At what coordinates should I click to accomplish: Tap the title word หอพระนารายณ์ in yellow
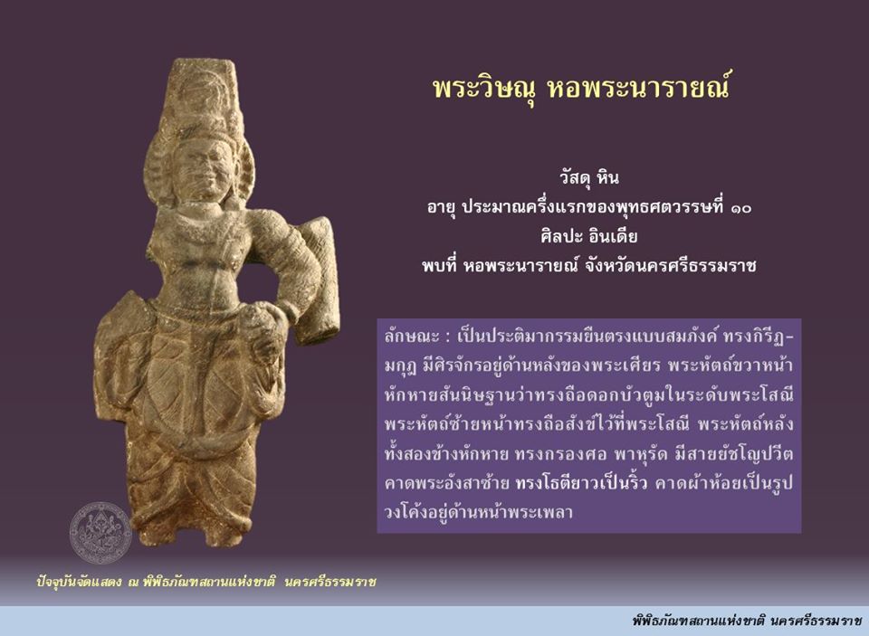(x=638, y=86)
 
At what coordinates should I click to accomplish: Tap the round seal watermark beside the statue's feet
(x=100, y=533)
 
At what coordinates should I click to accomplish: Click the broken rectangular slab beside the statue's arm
(x=317, y=280)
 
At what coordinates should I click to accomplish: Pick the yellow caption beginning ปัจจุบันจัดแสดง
(x=206, y=582)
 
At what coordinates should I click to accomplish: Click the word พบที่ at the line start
(x=438, y=266)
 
